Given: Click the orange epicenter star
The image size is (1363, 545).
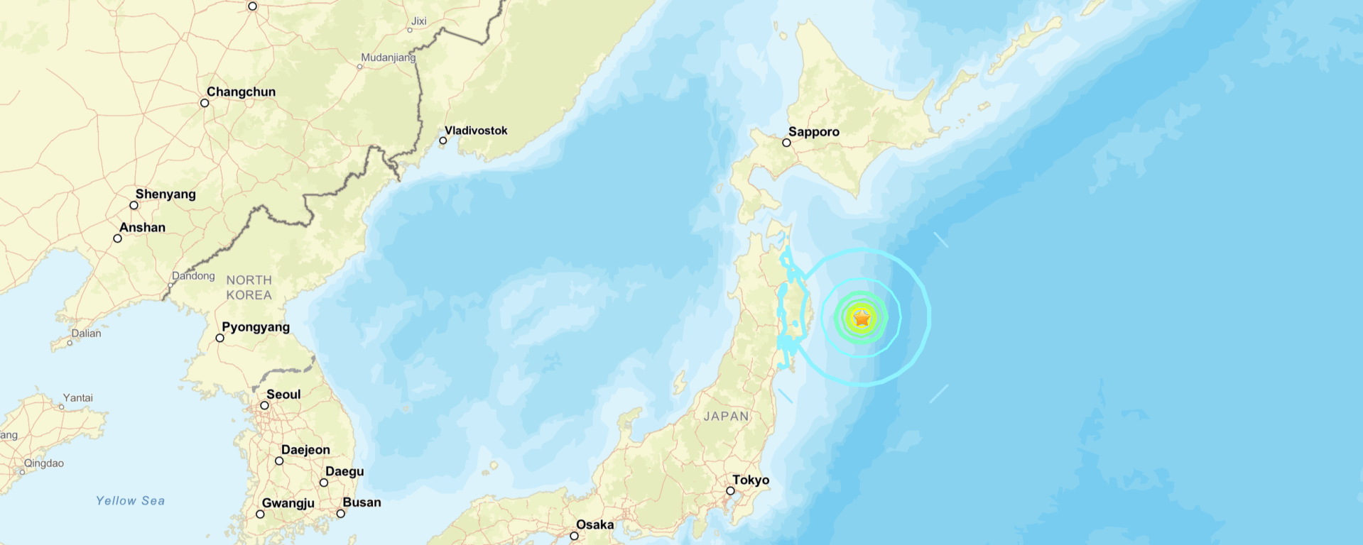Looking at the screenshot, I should (x=862, y=319).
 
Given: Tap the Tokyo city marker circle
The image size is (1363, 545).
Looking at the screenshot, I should (x=730, y=491).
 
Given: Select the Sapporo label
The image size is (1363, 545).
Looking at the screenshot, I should (x=813, y=132).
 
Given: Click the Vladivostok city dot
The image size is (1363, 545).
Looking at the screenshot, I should (x=443, y=141).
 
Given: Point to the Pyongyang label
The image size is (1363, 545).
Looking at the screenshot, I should (x=256, y=327).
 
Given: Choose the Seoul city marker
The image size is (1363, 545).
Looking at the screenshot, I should (x=264, y=406).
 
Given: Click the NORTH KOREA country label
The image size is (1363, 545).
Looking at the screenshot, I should (x=249, y=287).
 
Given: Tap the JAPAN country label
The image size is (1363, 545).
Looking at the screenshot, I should (x=726, y=417).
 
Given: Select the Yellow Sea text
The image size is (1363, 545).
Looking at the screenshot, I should (x=131, y=501).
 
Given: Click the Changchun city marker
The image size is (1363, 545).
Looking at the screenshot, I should (x=205, y=103).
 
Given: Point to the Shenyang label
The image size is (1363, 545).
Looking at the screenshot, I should (x=165, y=194).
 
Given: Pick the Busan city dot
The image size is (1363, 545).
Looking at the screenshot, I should (x=341, y=514).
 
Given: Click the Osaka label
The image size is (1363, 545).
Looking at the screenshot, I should (x=594, y=525).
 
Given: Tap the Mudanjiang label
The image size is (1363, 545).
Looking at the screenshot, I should (x=388, y=57).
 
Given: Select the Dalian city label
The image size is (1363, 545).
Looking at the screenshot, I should (x=86, y=334).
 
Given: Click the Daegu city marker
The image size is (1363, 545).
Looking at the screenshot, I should (x=324, y=483).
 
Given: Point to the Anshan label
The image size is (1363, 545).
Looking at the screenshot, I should (x=142, y=228).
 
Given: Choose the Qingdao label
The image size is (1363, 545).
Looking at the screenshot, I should (x=43, y=463).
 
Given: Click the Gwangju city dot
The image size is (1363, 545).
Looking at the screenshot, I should (x=260, y=514).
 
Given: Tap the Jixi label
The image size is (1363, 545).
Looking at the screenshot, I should (x=419, y=21).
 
